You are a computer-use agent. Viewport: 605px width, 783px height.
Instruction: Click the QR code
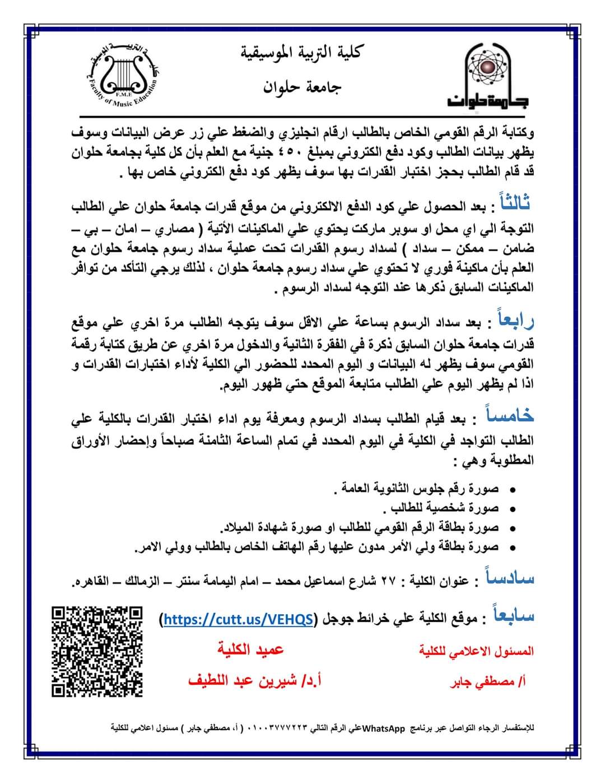click(97, 651)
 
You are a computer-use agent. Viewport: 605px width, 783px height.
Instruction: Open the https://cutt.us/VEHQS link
click(238, 619)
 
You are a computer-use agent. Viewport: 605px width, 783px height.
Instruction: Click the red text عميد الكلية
click(250, 650)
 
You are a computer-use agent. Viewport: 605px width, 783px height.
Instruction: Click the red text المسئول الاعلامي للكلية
click(476, 651)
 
